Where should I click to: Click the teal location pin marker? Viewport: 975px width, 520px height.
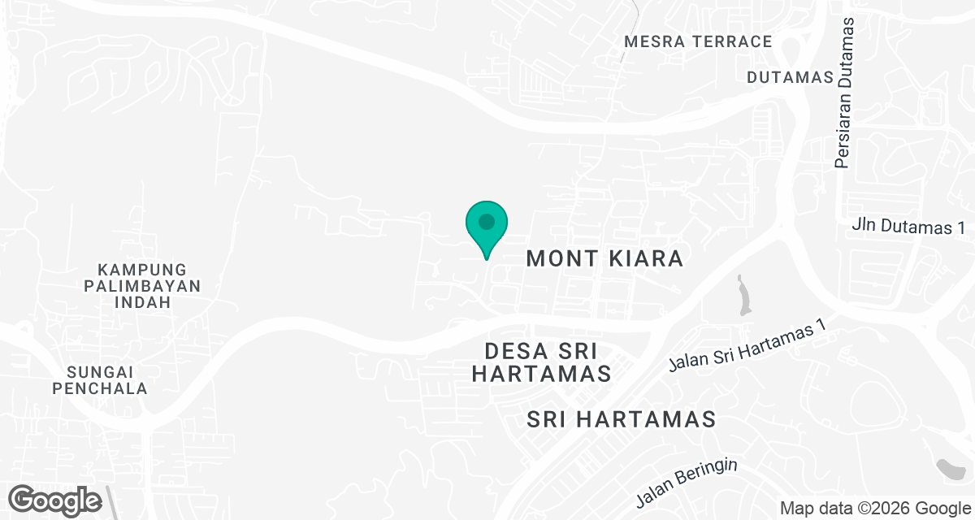487,227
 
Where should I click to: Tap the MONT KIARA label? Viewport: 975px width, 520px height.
604,258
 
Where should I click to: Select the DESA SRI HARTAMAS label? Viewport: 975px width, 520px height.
541,362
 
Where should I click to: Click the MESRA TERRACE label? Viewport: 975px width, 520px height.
698,41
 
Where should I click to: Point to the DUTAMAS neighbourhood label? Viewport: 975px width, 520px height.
791,77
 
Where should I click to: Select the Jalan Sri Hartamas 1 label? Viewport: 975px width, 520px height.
746,346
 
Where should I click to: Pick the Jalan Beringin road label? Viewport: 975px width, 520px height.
687,481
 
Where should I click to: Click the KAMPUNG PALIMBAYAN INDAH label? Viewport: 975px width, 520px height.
142,285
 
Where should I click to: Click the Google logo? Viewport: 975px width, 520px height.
55,499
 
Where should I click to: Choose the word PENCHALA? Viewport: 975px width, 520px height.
101,388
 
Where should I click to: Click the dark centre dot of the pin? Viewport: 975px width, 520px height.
487,221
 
